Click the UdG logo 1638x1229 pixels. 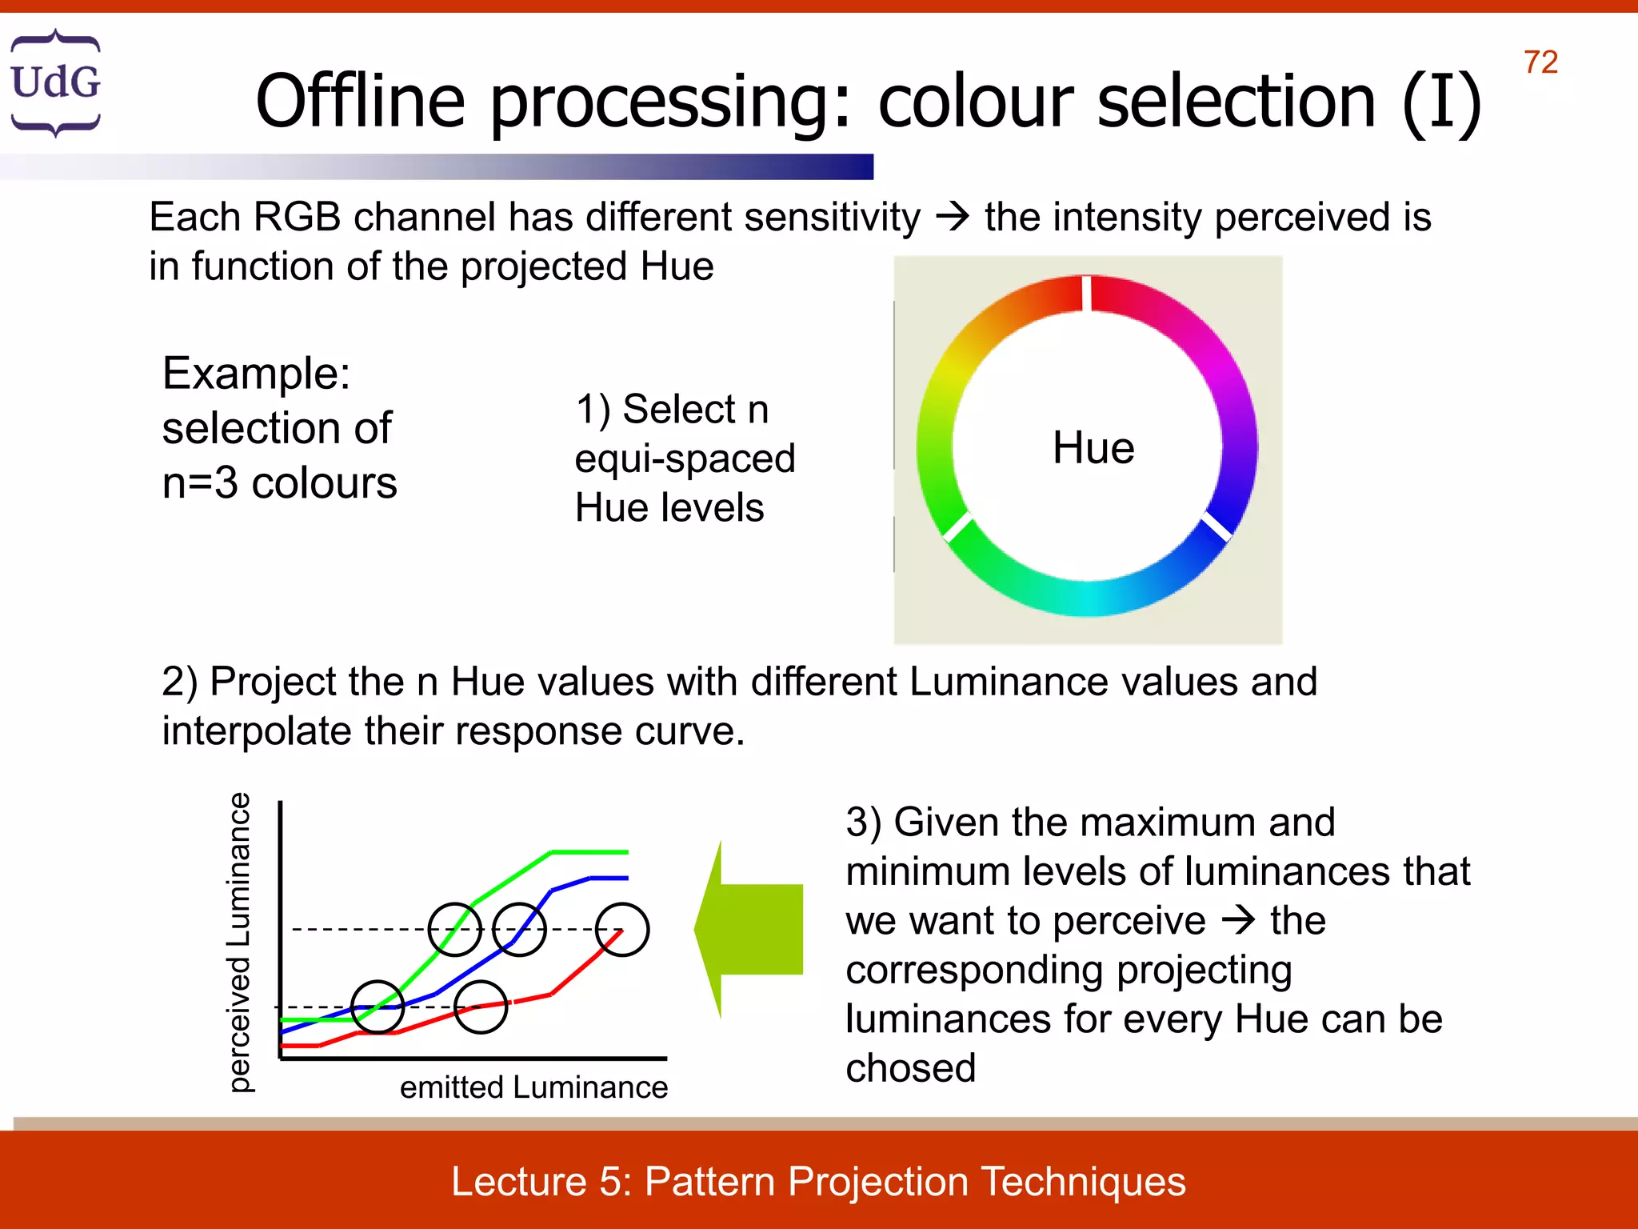coord(55,82)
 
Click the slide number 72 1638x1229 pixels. coord(1540,62)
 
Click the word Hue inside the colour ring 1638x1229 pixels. coord(1093,447)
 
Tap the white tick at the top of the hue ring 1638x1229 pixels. coord(1086,293)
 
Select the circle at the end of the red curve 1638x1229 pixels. coord(622,930)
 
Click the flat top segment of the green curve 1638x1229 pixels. coord(589,852)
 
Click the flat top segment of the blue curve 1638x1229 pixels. coord(609,878)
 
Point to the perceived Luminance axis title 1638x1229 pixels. coord(239,942)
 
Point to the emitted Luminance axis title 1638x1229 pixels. coord(533,1087)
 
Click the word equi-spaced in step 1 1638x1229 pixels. coord(685,459)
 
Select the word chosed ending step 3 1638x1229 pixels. coord(910,1068)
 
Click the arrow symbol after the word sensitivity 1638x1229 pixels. coord(952,217)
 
